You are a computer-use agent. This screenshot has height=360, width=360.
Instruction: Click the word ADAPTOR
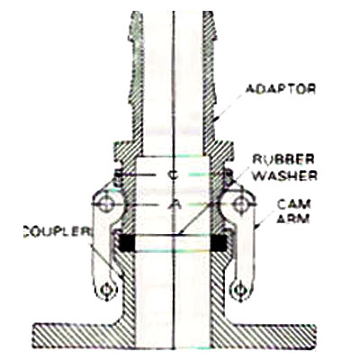tap(281, 89)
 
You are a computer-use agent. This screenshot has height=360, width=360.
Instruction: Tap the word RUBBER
tap(283, 159)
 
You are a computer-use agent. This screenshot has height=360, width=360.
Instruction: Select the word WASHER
tap(284, 175)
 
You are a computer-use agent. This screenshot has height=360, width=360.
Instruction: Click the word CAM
tap(293, 204)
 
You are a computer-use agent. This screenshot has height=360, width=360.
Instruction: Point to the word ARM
tap(293, 219)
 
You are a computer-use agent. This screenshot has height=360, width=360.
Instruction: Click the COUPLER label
tap(57, 232)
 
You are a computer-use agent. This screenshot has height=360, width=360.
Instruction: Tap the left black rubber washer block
tap(128, 242)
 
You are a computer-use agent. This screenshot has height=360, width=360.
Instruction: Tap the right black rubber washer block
tap(220, 242)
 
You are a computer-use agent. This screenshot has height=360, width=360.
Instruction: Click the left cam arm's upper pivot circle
tap(105, 205)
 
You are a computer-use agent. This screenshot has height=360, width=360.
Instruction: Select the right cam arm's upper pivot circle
tap(240, 204)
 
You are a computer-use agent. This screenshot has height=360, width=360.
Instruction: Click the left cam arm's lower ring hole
tap(105, 291)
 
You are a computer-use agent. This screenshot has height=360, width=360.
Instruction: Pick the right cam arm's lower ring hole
tap(239, 290)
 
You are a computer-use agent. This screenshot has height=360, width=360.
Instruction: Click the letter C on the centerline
tap(173, 175)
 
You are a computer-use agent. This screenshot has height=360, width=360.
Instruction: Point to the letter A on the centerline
tap(174, 204)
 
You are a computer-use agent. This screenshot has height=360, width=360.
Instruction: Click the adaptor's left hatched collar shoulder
tap(123, 151)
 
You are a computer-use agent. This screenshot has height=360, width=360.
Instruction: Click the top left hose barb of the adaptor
tap(136, 27)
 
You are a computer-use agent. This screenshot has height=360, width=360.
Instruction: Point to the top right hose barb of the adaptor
tap(210, 27)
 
